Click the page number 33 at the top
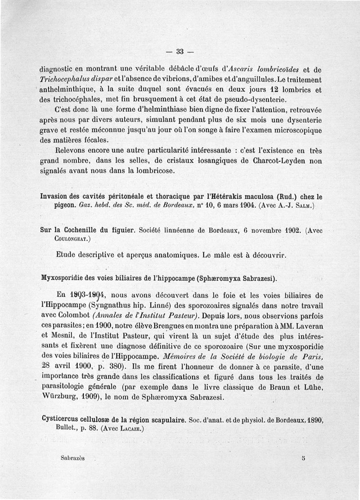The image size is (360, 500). click(x=180, y=51)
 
